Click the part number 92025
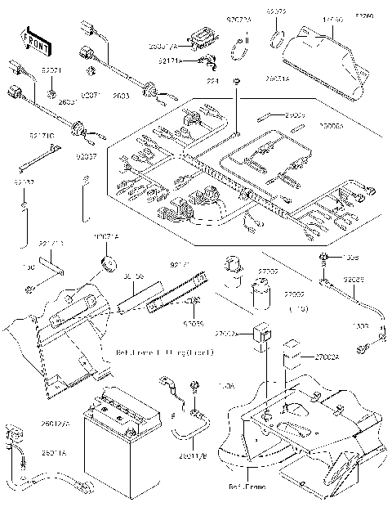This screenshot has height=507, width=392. [354, 279]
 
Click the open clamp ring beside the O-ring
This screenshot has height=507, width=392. [246, 54]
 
